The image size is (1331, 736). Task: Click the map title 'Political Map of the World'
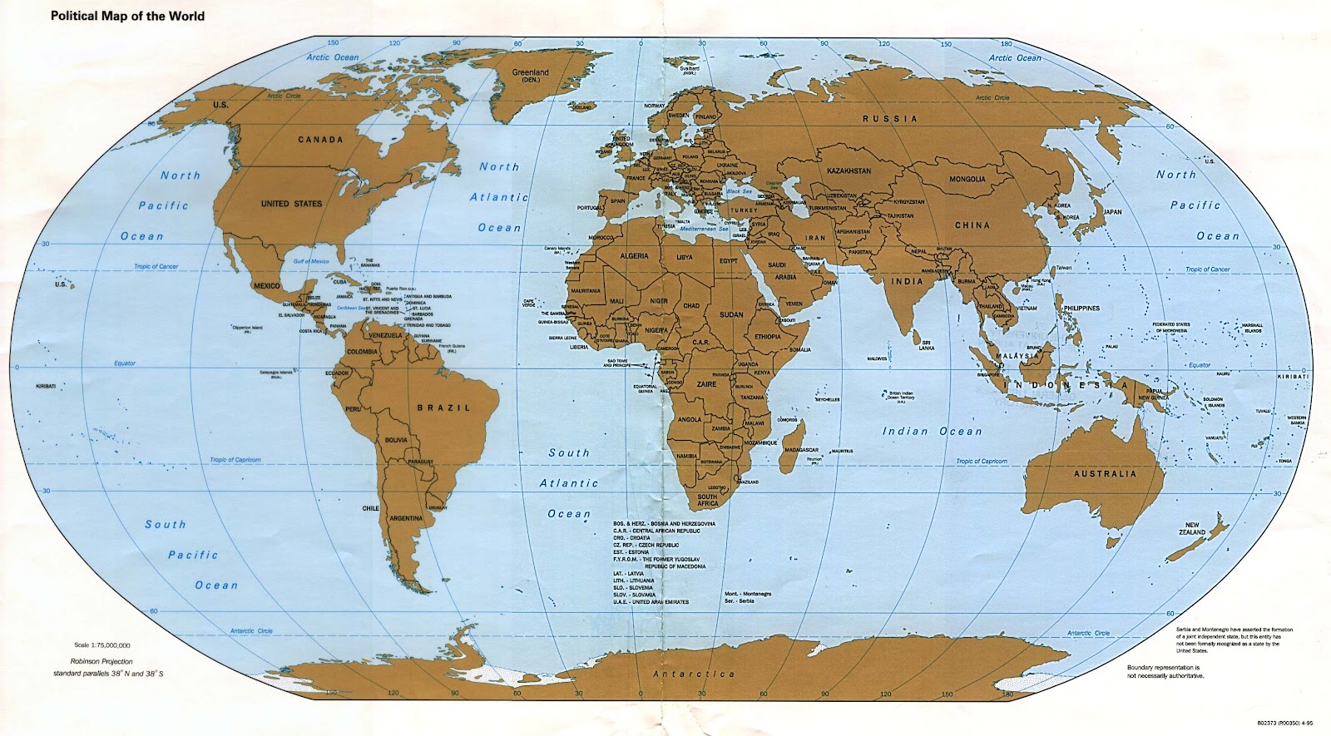coord(127,16)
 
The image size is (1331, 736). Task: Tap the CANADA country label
coord(320,140)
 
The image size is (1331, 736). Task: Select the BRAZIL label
coord(443,408)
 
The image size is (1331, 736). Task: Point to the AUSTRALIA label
coord(1104,474)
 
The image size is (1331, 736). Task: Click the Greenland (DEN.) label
coord(530,77)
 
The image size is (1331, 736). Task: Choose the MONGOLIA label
coord(967,179)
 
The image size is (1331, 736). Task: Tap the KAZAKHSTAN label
coord(849,170)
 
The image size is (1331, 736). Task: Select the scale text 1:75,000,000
coord(101,645)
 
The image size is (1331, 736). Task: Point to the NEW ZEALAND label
coord(1192,529)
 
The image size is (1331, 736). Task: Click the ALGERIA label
coord(634,256)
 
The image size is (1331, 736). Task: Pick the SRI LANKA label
coord(926,344)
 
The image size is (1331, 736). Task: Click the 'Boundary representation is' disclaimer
coord(1163,668)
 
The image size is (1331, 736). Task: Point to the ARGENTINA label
coord(406,518)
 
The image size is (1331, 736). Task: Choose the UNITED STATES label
coord(291,204)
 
